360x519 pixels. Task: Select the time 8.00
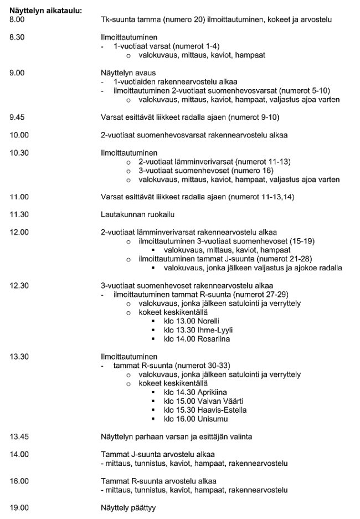click(18, 19)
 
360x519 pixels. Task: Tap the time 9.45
click(18, 117)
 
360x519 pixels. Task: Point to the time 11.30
click(19, 214)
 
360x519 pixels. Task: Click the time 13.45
click(19, 436)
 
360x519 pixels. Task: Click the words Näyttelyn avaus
click(128, 73)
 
